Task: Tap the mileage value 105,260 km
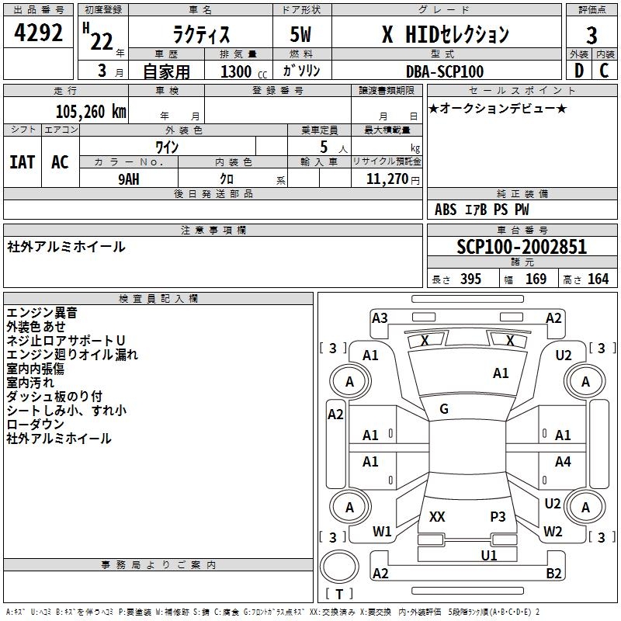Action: click(x=91, y=112)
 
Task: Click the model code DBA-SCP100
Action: click(x=445, y=71)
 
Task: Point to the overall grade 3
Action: click(x=592, y=35)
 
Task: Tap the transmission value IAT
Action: click(x=22, y=162)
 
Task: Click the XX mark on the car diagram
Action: click(x=437, y=516)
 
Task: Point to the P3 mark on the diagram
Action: click(x=498, y=516)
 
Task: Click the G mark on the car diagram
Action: click(x=444, y=409)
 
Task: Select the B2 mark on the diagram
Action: click(x=553, y=574)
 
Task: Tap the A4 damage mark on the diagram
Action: click(x=563, y=462)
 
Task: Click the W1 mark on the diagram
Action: click(x=382, y=532)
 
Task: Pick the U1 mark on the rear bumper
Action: click(x=488, y=556)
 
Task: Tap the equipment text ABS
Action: click(x=446, y=210)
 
